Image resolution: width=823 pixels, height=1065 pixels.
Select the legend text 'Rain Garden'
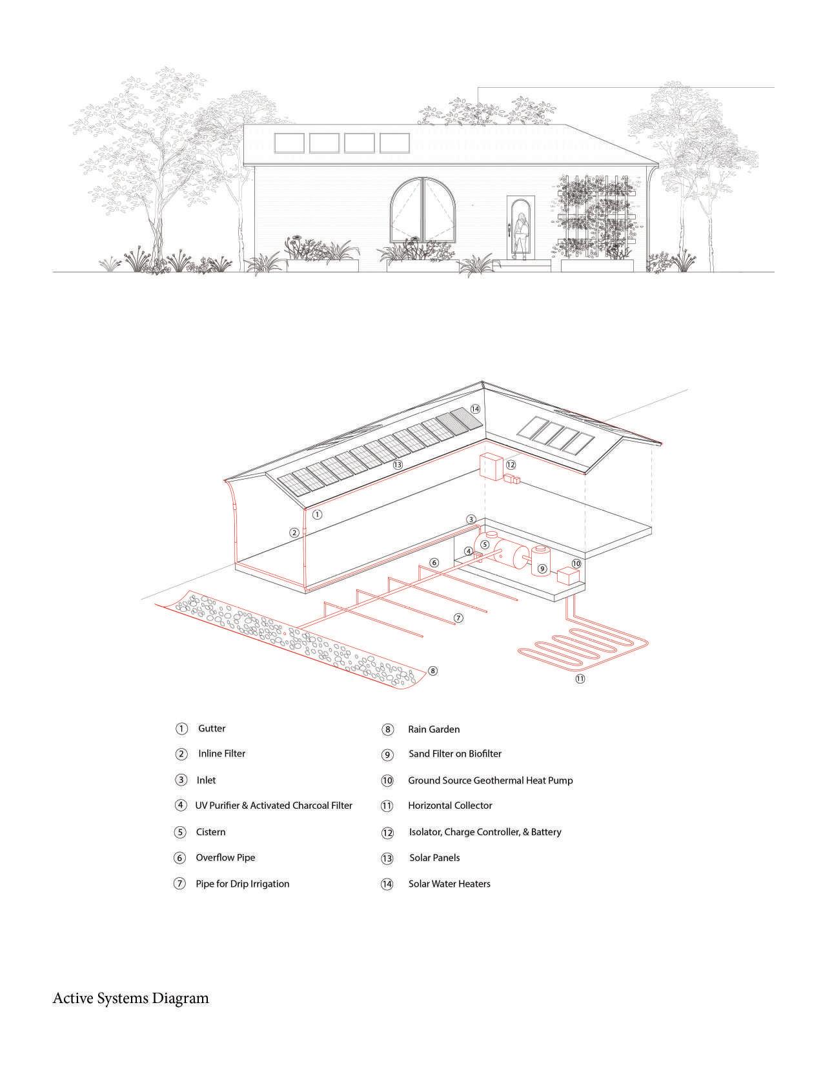434,729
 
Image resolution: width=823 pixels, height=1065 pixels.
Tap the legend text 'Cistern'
210,832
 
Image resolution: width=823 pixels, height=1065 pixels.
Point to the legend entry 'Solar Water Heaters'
449,884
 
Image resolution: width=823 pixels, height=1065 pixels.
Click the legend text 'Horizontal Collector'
450,806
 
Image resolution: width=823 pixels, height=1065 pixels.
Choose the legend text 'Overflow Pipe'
225,858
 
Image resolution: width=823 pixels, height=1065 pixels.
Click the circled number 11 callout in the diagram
580,678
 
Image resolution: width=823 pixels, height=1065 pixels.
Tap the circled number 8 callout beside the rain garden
432,671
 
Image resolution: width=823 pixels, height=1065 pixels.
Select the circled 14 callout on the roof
475,409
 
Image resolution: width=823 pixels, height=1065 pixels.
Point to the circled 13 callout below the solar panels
397,464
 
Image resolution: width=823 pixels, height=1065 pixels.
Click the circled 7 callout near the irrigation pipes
458,618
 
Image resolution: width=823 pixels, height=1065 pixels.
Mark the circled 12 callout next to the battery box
511,465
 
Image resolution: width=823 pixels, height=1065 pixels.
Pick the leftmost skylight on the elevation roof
290,143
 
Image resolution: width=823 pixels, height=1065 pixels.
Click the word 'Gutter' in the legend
212,729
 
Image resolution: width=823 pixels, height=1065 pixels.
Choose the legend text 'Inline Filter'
221,754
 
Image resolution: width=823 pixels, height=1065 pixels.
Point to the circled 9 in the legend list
387,755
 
